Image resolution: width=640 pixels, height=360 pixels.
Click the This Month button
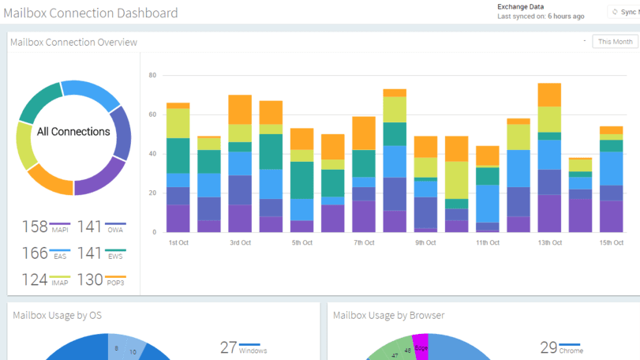tap(615, 42)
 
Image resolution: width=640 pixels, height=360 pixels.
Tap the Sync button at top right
tap(624, 12)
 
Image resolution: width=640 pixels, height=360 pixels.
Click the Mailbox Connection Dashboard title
tap(91, 13)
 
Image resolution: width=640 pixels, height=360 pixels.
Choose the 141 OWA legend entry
tap(103, 227)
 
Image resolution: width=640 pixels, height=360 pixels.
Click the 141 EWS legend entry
tap(103, 254)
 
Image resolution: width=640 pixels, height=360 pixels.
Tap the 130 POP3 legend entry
tap(103, 280)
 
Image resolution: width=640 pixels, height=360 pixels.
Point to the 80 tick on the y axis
tap(152, 76)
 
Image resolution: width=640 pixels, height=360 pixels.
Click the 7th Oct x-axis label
tap(364, 243)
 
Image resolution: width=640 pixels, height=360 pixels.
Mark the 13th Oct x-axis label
tap(549, 243)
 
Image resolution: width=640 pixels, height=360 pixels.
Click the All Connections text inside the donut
tap(73, 132)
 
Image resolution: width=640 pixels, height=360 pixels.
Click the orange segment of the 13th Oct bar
tap(549, 95)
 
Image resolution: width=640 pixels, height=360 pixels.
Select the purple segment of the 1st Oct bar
tap(178, 219)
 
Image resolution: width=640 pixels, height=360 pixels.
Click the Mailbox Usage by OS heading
tap(57, 316)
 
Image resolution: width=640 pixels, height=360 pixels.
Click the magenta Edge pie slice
tap(421, 348)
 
